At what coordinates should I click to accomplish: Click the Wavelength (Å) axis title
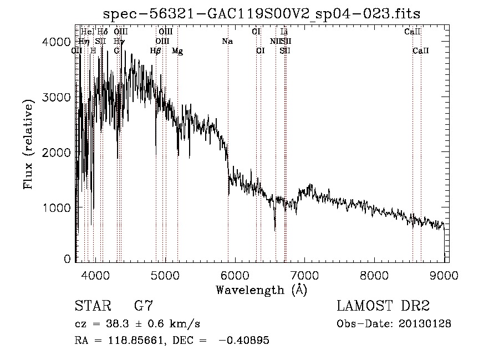(261, 289)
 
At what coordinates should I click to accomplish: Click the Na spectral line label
(227, 42)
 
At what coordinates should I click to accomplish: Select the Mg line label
(177, 51)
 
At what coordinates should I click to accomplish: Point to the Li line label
(284, 32)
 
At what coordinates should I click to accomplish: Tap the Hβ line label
(156, 51)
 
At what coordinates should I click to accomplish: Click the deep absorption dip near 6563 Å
(275, 227)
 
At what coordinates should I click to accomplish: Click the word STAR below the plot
(91, 306)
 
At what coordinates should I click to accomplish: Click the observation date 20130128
(426, 323)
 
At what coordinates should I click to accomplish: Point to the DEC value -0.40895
(245, 341)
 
